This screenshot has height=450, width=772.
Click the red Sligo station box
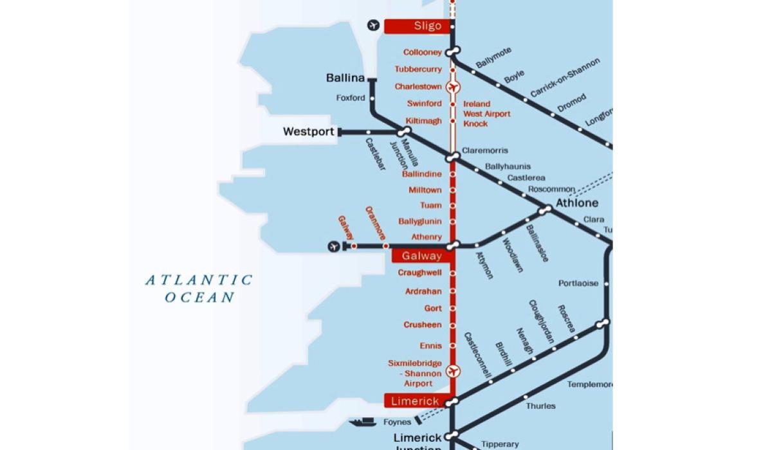(416, 26)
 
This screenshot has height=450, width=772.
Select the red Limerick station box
(416, 401)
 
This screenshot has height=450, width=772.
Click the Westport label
(309, 132)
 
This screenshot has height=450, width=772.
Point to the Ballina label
(345, 78)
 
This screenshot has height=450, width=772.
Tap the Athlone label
(577, 203)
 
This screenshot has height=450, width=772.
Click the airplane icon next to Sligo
(373, 26)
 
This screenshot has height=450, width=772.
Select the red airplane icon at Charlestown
(454, 86)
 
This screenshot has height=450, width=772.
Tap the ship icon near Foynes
(363, 422)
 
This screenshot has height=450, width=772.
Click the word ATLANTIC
(199, 280)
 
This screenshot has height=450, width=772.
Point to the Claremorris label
(484, 150)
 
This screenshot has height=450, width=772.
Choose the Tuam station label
(431, 206)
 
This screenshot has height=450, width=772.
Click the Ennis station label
(431, 346)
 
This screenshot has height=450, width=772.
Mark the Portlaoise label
(578, 283)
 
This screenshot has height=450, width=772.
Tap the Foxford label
(351, 98)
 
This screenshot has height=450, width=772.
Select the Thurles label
(540, 406)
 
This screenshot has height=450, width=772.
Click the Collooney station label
(423, 52)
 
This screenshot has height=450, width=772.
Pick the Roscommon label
(551, 189)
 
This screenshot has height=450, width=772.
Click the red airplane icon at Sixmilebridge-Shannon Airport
(454, 372)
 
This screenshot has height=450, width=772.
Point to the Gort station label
(433, 309)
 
